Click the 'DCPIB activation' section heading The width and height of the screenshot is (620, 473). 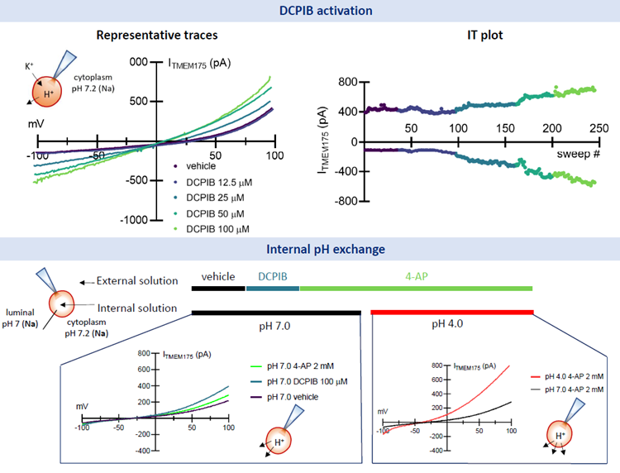pyautogui.click(x=310, y=11)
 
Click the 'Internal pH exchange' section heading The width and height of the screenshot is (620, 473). pyautogui.click(x=310, y=248)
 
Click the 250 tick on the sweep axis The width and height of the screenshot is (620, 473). pyautogui.click(x=599, y=129)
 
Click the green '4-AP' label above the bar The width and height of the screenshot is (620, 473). pyautogui.click(x=416, y=277)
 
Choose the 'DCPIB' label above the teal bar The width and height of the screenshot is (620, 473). pyautogui.click(x=272, y=277)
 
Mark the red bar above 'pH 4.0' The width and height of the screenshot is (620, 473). pyautogui.click(x=452, y=312)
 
